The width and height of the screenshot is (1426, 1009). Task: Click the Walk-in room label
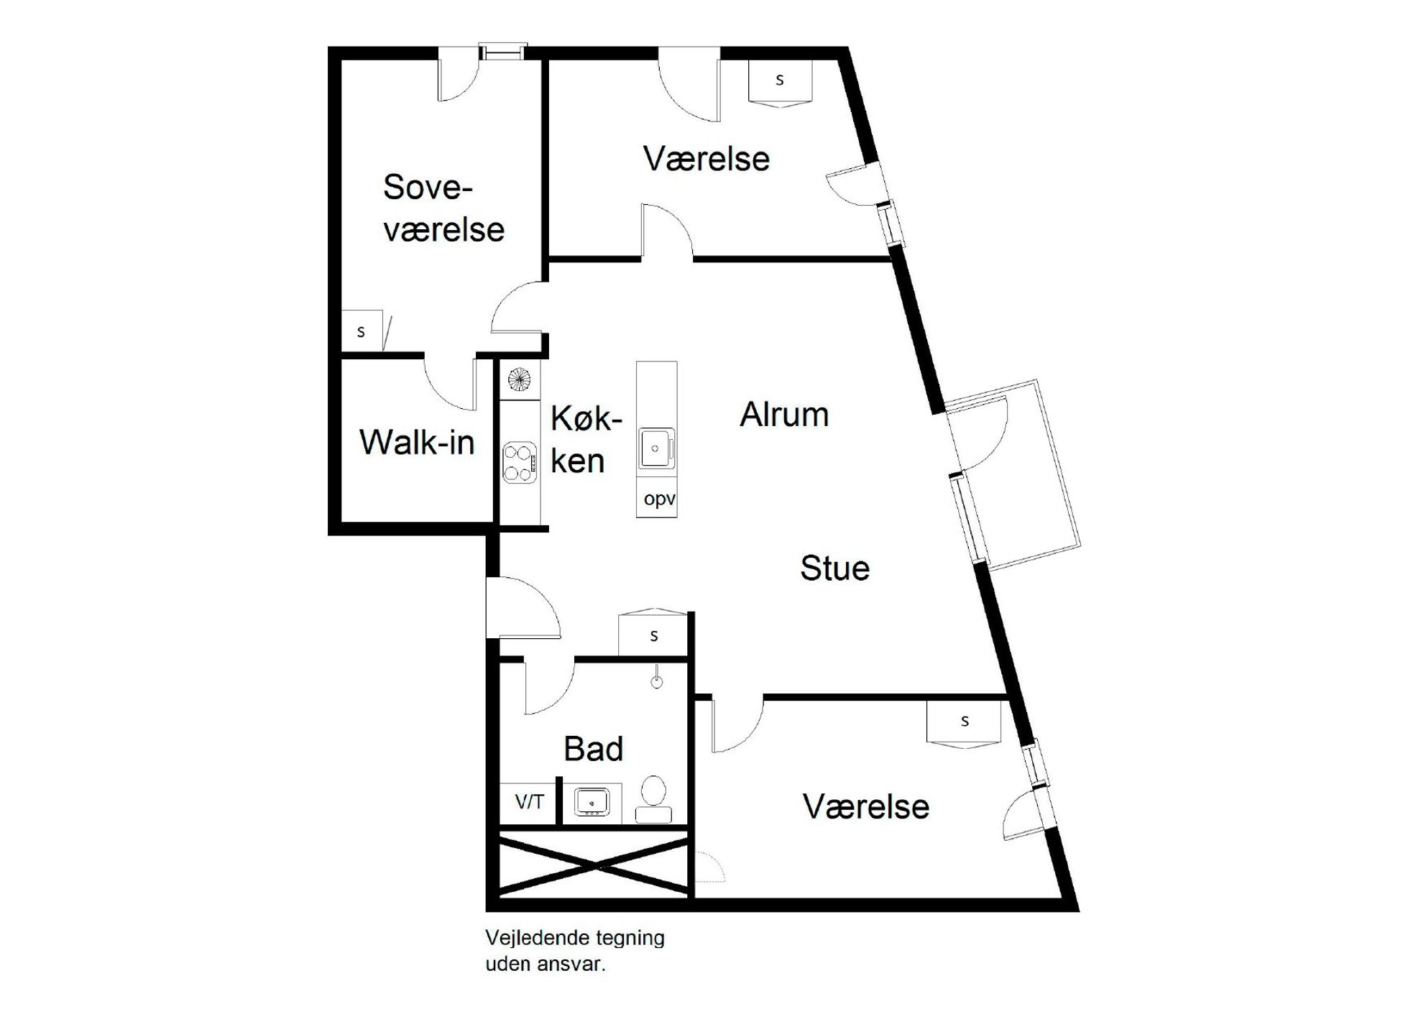[x=417, y=442]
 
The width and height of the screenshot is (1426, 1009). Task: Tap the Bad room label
[x=593, y=749]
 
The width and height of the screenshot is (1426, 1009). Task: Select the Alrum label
[x=784, y=415]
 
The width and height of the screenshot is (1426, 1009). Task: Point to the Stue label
[x=835, y=568]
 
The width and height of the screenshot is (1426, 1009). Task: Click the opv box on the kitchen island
[x=657, y=499]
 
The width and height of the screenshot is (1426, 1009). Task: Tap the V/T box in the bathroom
[x=529, y=802]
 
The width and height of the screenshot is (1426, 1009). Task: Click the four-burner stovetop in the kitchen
[x=520, y=463]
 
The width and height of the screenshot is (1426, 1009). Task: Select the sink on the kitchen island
[x=656, y=448]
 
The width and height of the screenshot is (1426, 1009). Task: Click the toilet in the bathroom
[x=654, y=798]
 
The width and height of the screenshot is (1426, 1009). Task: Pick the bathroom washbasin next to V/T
[x=592, y=801]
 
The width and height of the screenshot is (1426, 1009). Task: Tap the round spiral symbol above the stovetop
[x=519, y=379]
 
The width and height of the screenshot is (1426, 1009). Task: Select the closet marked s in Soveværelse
[x=366, y=331]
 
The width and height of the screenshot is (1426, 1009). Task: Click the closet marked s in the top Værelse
[x=780, y=83]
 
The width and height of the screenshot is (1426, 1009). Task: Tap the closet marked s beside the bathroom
[x=653, y=633]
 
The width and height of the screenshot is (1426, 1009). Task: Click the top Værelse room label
[x=707, y=159]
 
